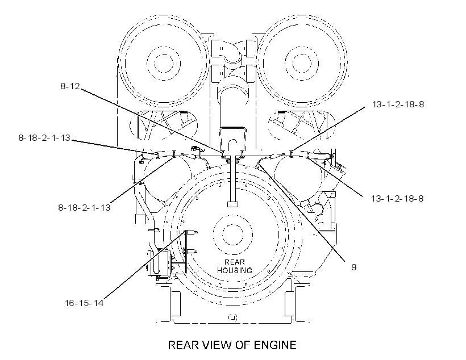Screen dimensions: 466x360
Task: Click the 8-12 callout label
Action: tap(70, 86)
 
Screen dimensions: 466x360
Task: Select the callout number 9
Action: tap(353, 267)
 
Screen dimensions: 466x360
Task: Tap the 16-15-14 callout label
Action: tap(84, 303)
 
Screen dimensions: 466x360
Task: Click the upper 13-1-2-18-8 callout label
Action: tap(398, 104)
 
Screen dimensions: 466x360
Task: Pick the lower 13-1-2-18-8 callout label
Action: tap(397, 198)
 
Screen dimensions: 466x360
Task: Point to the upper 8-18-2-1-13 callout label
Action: tap(44, 138)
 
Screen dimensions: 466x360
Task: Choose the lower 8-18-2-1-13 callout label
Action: tap(85, 207)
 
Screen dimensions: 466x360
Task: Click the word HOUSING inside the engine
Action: tap(235, 270)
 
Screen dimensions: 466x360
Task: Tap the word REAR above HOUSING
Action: tap(235, 262)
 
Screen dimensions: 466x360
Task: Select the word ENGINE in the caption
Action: tap(275, 345)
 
